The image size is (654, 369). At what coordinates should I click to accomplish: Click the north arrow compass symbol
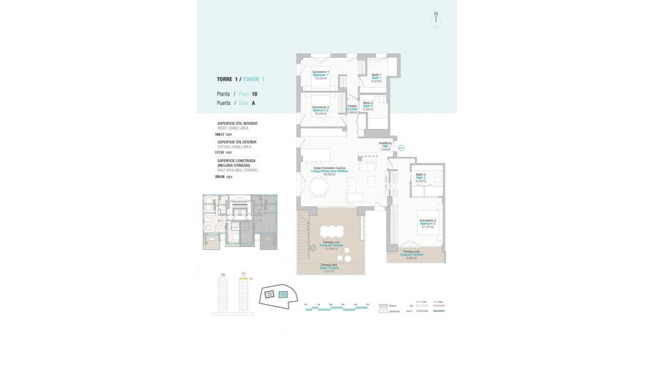[435, 19]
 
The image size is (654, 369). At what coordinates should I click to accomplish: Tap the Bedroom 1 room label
[321, 74]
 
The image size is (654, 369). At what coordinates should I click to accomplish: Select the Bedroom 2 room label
[321, 110]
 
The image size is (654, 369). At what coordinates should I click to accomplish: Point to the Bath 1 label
[376, 77]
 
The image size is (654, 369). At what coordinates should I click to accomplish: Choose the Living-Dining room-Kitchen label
[330, 171]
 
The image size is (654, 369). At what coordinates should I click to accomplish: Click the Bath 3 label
[420, 177]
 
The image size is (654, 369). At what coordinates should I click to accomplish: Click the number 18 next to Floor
[255, 94]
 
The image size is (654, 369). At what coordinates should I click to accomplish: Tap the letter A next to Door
[253, 103]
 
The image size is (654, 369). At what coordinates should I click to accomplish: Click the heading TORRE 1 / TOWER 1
[241, 79]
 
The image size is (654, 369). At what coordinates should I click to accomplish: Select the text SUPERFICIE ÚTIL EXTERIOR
[237, 142]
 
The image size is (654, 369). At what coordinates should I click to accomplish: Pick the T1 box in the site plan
[283, 294]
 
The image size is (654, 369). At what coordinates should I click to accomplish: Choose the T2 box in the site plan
[269, 294]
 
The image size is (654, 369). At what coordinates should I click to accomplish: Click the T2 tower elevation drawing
[223, 295]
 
